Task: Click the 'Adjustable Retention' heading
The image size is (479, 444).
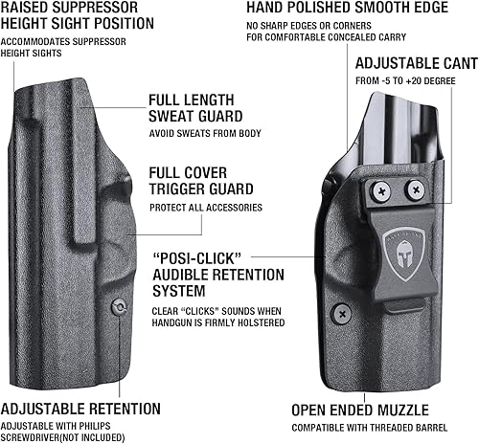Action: pyautogui.click(x=80, y=409)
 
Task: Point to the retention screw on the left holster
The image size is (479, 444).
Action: pyautogui.click(x=118, y=308)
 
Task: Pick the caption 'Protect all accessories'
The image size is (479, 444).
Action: pyautogui.click(x=206, y=208)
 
